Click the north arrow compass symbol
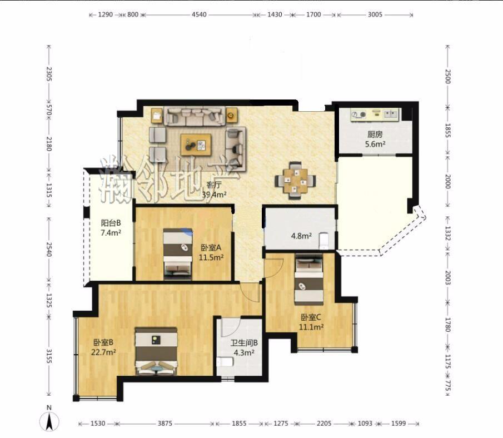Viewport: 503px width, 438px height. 49,421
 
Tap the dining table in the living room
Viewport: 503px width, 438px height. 296,180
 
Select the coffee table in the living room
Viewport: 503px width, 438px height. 196,145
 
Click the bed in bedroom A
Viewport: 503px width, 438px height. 178,253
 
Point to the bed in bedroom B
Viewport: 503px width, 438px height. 156,351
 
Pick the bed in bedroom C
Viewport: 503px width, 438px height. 309,279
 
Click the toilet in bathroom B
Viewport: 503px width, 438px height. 225,362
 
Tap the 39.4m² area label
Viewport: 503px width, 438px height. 215,194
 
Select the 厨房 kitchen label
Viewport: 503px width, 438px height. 375,134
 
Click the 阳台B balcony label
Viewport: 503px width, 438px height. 111,223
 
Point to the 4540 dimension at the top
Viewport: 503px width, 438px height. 199,14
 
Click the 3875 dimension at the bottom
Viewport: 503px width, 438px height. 165,424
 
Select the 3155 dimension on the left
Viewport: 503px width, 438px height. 49,356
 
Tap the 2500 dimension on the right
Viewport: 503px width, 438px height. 448,76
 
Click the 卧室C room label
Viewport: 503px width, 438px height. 311,317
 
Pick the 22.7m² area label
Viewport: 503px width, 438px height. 103,352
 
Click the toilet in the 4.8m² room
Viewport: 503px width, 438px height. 323,241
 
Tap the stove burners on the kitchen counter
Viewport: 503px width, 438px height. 358,115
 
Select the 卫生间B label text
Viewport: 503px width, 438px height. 244,343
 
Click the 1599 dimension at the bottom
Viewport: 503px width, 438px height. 399,424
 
